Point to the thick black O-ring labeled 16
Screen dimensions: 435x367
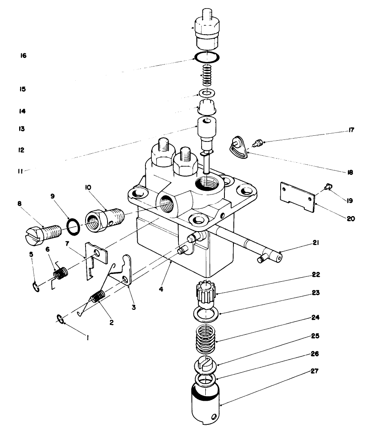click(206, 57)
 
